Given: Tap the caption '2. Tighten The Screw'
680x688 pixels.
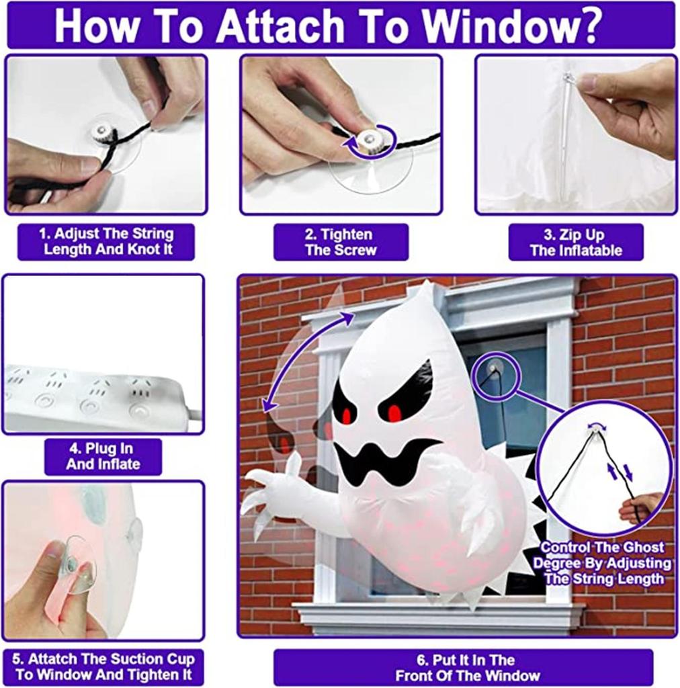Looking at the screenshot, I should pos(341,243).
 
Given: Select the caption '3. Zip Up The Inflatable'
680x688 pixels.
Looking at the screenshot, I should pos(576,243).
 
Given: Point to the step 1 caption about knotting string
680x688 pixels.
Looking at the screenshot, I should pos(105,242).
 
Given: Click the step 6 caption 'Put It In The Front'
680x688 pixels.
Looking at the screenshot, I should pos(464,667).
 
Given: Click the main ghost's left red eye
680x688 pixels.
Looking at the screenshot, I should pos(347,415).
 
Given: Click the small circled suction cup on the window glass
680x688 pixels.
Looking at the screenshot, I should pos(495,368).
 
